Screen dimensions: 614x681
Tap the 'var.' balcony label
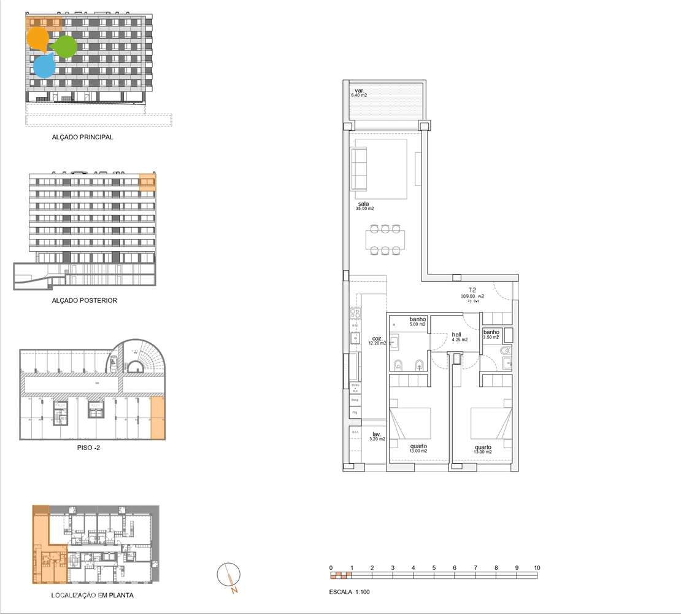click(356, 90)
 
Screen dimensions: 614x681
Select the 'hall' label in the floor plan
click(456, 335)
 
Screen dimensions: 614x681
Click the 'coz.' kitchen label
click(377, 338)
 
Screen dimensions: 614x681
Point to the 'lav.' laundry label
click(376, 434)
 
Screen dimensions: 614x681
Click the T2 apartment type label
click(472, 290)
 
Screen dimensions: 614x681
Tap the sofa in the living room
click(359, 168)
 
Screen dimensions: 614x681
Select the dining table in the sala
click(385, 239)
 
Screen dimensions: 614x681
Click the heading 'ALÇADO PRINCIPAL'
click(83, 138)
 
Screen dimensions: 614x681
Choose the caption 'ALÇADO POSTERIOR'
click(85, 301)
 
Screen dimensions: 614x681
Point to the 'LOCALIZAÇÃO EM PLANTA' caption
click(93, 595)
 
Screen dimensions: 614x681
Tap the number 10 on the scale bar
click(537, 567)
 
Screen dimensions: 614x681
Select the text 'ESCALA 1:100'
click(349, 593)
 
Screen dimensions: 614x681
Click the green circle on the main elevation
click(65, 47)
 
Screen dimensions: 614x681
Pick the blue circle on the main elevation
click(44, 66)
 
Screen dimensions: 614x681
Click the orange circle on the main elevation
click(38, 39)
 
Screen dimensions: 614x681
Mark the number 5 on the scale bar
click(434, 567)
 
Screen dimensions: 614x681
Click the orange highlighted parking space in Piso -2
click(158, 418)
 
